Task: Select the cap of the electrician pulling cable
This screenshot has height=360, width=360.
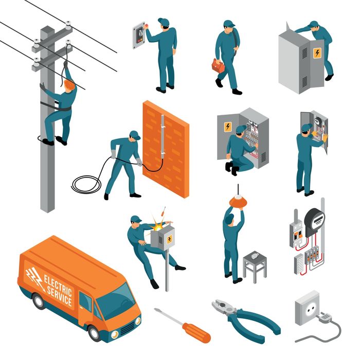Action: click(x=134, y=135)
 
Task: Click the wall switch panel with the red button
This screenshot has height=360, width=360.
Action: click(x=139, y=33)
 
